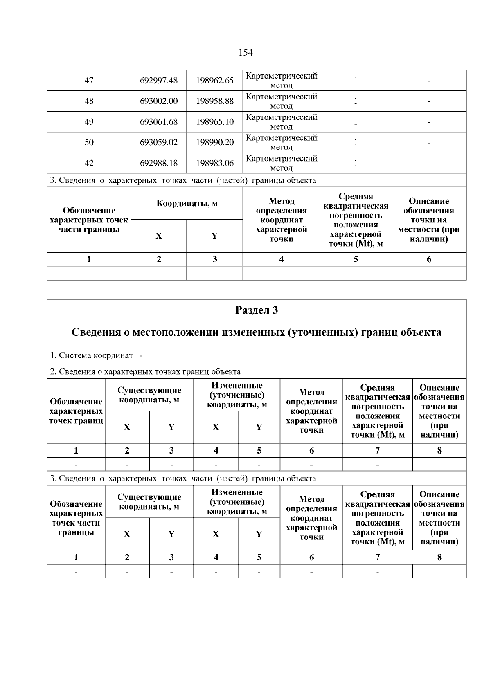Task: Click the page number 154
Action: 245,52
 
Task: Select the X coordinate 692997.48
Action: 159,81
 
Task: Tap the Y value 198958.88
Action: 215,101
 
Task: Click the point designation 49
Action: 89,122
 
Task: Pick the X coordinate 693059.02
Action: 159,142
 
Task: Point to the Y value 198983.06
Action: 215,163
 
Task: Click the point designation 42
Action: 89,163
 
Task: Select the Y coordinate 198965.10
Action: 215,122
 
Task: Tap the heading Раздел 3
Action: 257,310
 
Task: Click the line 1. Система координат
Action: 96,355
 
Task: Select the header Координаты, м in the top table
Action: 187,203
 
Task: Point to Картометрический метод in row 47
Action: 282,81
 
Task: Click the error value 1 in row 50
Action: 356,142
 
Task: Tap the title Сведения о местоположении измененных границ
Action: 257,332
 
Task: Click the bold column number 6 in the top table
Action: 429,259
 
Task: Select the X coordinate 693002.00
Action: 159,101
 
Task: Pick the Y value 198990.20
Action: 215,142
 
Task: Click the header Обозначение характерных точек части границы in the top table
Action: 89,220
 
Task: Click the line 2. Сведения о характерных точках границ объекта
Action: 145,372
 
